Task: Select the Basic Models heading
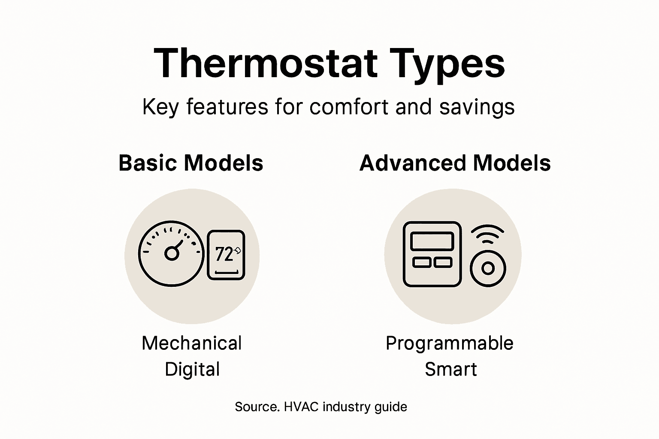coord(191,163)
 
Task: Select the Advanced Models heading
coord(455,163)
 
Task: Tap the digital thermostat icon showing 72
coord(226,255)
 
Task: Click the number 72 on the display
coord(224,254)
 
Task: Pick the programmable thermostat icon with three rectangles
coord(432,254)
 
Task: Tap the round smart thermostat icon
coord(488,268)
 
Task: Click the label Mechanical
coord(192,343)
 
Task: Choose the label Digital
coord(192,369)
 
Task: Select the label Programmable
coord(449,343)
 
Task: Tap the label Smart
coord(450,369)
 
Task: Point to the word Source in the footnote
coord(256,406)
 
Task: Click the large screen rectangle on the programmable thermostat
coord(432,241)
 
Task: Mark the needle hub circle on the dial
coord(172,254)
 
